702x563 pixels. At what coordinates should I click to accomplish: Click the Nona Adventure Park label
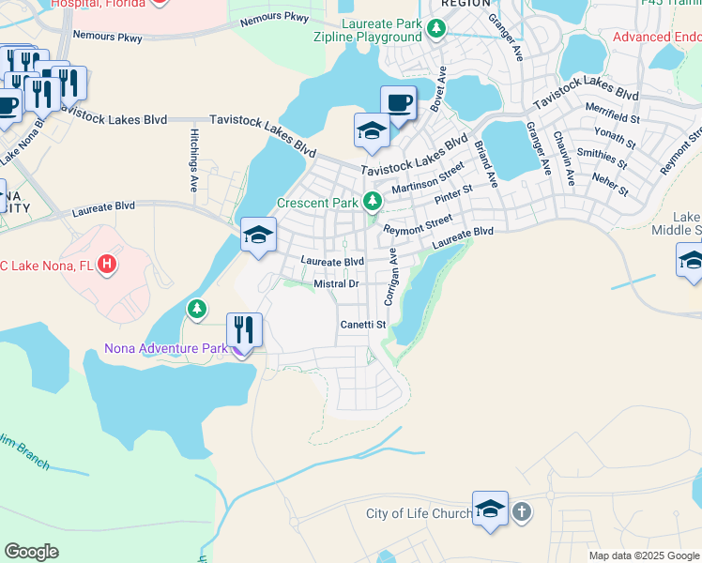pos(166,349)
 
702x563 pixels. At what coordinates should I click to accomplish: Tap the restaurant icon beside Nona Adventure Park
pos(244,330)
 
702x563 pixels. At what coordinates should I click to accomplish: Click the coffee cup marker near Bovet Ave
pos(398,102)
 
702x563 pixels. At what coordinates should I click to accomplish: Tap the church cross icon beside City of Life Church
pos(522,512)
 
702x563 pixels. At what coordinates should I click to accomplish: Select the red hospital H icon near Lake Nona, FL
pos(108,266)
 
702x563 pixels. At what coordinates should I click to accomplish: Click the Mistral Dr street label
pos(337,283)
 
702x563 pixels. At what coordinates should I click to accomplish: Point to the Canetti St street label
pos(363,325)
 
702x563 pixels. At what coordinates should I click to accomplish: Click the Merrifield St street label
pos(612,118)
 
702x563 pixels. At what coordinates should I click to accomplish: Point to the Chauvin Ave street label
pos(564,152)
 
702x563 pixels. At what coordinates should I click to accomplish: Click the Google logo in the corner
pos(32,552)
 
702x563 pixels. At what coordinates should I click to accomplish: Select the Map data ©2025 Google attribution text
pos(643,555)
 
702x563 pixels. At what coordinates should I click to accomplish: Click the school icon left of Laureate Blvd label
pos(258,235)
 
